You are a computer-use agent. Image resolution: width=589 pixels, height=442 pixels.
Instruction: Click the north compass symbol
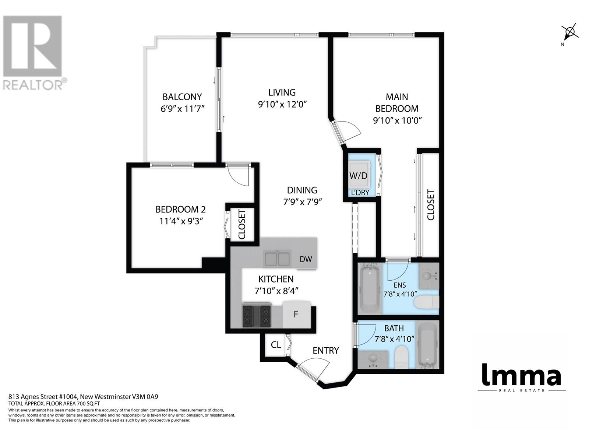coord(569,32)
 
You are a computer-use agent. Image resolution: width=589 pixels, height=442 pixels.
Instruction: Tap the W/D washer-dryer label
coord(359,176)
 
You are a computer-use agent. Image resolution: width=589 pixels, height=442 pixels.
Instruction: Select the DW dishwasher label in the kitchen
coord(306,259)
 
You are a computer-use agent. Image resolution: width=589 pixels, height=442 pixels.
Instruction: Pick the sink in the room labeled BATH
coord(373,358)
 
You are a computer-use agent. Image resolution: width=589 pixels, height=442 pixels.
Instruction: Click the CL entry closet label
coord(276,345)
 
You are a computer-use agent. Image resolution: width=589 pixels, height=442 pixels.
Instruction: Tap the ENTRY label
coord(325,350)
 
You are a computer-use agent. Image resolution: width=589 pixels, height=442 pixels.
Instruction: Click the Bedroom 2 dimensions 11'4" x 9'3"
coord(181,221)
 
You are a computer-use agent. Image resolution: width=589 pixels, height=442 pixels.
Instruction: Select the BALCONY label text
coord(182,97)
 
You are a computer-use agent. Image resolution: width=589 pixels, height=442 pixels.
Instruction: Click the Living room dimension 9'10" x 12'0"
coord(282,104)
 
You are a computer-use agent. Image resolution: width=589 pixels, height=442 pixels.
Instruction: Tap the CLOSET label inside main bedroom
coord(430,205)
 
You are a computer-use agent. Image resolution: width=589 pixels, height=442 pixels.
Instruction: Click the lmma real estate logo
coord(521,376)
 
